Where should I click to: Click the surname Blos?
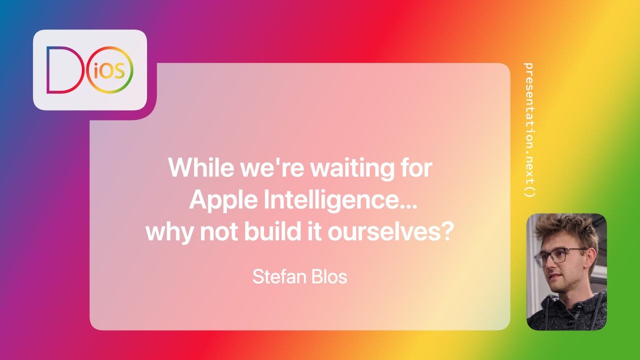point(328,276)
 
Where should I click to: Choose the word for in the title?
point(416,167)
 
